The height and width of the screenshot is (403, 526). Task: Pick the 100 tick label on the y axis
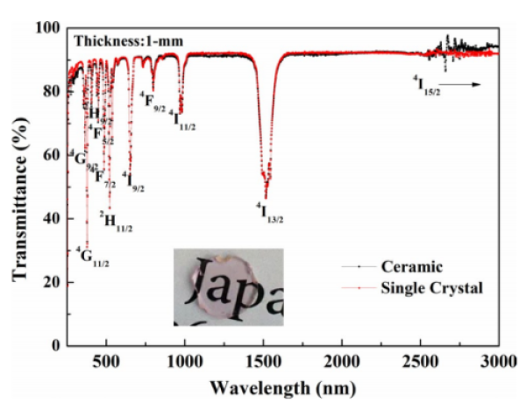tap(50, 30)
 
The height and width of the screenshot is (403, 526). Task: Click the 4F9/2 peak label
tap(152, 100)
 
